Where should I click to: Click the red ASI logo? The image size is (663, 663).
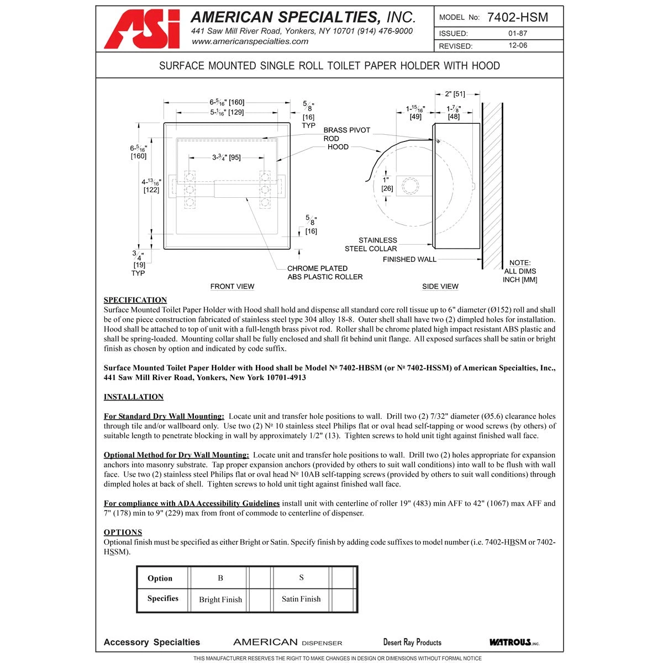pos(142,29)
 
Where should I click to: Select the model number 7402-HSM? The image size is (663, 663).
pos(518,17)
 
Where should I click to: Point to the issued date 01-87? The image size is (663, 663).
pos(518,33)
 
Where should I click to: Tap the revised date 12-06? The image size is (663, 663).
pos(518,46)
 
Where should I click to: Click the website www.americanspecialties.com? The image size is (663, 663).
pos(250,41)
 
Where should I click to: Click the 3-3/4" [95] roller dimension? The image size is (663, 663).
pos(226,157)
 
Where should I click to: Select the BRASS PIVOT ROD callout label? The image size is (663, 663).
pos(346,134)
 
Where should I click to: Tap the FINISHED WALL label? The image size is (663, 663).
pos(409,259)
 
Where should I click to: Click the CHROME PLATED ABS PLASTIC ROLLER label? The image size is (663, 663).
pos(325,272)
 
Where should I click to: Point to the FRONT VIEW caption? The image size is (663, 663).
pos(232,286)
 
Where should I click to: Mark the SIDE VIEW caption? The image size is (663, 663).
pos(440,286)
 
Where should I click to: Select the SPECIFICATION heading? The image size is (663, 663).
pos(135,300)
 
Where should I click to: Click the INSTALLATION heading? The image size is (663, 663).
pos(134,397)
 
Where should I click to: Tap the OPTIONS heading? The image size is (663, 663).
pos(123,533)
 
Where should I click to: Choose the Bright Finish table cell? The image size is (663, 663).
pos(220,599)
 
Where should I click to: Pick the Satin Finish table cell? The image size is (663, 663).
pos(301,599)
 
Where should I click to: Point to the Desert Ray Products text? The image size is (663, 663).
pos(412,642)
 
